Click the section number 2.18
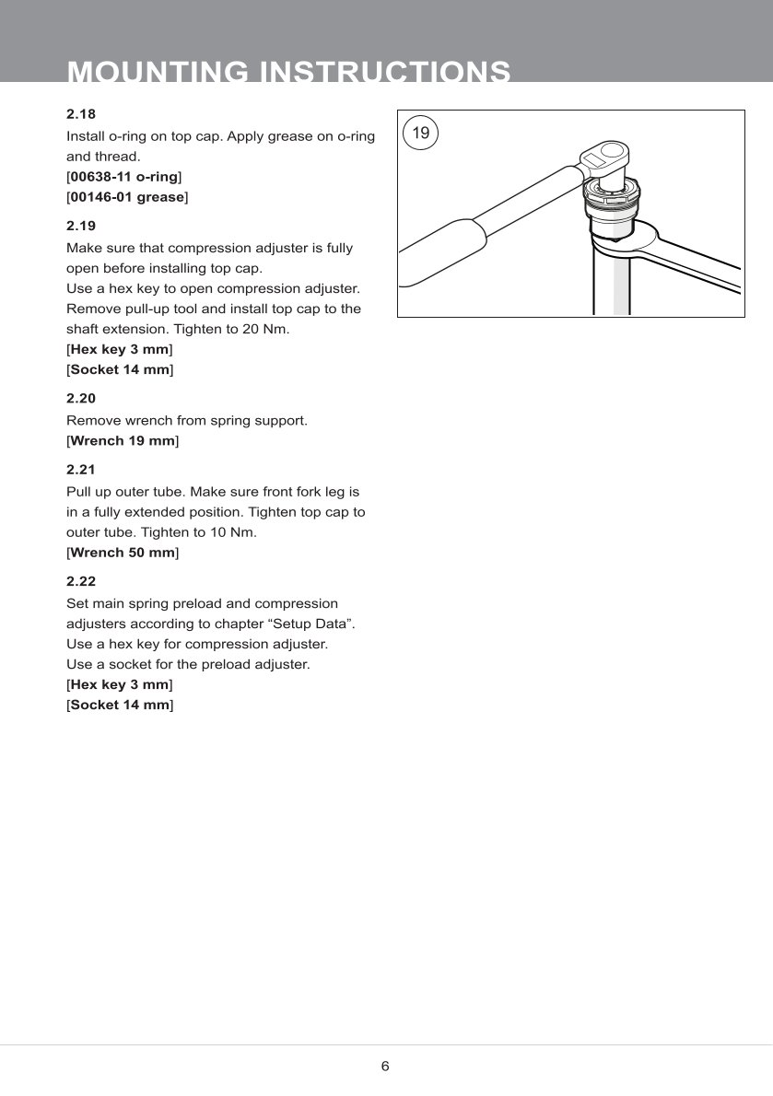[x=81, y=114]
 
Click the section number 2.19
[x=81, y=226]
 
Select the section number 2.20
[x=81, y=399]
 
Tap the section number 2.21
[x=81, y=470]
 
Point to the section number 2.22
[x=81, y=582]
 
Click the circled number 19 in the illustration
[x=420, y=134]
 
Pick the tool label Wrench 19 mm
[x=123, y=441]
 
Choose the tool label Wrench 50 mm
[x=123, y=554]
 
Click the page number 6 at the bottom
[x=385, y=1067]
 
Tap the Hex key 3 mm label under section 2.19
[x=120, y=350]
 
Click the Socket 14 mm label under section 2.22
[x=120, y=705]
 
